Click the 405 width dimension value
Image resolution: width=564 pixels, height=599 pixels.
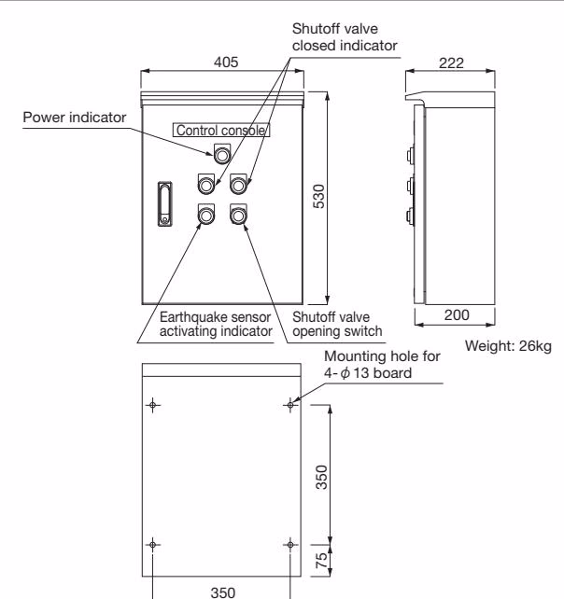tap(226, 62)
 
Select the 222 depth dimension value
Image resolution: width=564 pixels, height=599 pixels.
tap(451, 63)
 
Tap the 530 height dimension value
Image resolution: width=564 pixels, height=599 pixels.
tap(319, 196)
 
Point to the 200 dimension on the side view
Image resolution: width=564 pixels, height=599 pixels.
tap(457, 315)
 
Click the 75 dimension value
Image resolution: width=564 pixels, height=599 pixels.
tap(321, 561)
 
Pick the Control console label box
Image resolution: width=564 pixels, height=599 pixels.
tap(221, 131)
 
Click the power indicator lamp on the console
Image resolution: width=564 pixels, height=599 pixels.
tap(222, 155)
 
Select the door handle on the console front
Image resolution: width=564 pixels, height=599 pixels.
tap(164, 204)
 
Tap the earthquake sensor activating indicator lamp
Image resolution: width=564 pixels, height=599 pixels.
tap(206, 216)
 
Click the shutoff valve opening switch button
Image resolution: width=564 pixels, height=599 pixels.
tap(238, 216)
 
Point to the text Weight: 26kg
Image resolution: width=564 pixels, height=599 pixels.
tap(508, 346)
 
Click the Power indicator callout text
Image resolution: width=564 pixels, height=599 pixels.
tap(75, 118)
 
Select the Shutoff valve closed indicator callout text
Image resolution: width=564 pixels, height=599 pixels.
tap(345, 37)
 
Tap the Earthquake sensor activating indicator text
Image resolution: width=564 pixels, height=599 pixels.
tap(216, 324)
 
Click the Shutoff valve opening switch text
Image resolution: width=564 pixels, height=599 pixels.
tap(337, 324)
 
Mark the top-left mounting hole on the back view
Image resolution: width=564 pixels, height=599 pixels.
tap(153, 405)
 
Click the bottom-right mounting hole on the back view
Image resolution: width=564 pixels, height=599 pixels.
tap(290, 544)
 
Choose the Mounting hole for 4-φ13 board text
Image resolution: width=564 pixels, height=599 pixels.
tap(382, 365)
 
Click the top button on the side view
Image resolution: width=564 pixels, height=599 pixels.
tap(410, 156)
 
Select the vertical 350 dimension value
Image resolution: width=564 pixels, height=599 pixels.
tap(321, 477)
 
